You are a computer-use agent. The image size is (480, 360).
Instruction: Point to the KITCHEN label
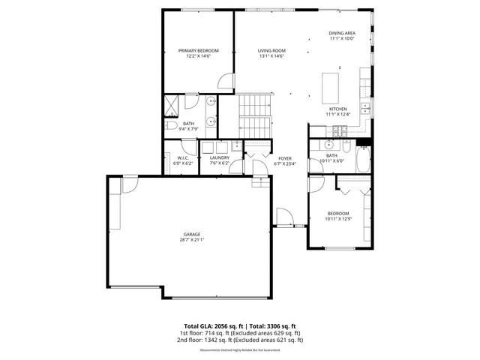point(337,109)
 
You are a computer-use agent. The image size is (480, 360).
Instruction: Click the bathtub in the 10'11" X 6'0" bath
point(363,160)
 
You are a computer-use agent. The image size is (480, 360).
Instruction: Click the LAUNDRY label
point(219,157)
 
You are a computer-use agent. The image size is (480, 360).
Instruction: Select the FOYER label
point(285,158)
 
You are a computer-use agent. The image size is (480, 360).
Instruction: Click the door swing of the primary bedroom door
point(225,82)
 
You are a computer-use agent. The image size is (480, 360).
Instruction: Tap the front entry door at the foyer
point(285,218)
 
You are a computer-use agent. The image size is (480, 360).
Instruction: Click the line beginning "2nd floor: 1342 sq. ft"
point(240,340)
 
